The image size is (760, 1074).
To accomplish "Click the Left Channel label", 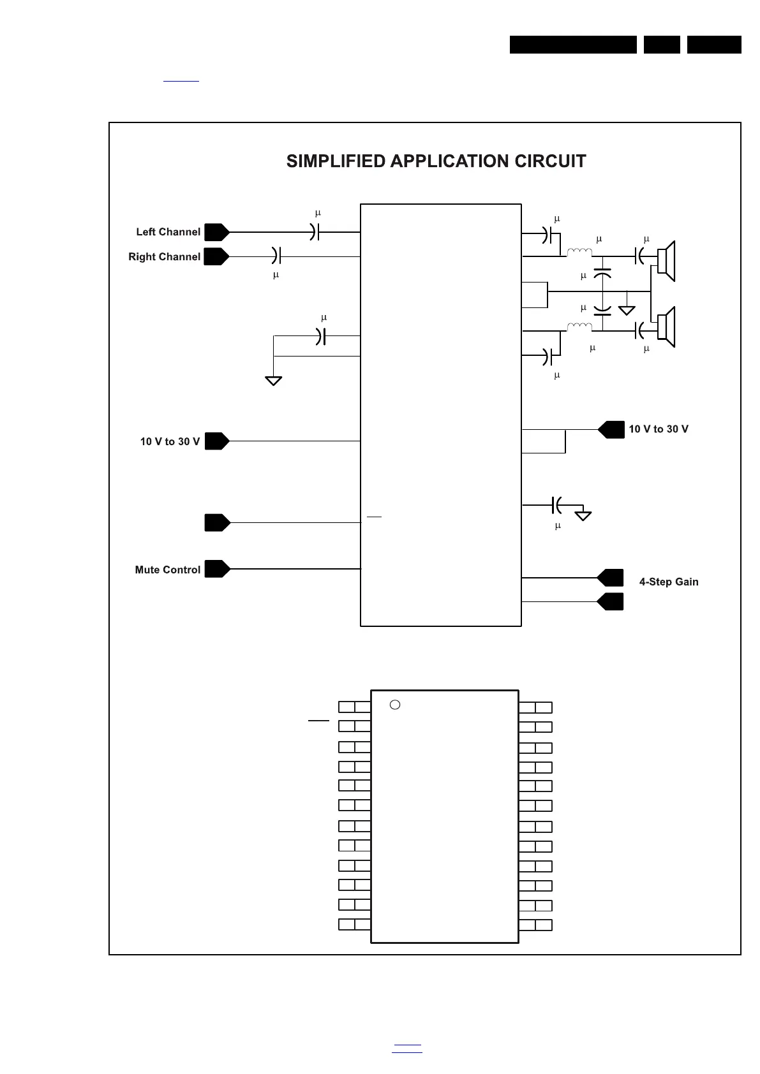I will click(x=168, y=232).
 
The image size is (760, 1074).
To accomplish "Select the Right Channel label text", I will click(x=164, y=257).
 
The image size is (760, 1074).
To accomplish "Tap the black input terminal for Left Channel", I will click(x=216, y=232).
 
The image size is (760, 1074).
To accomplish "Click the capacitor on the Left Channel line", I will click(x=314, y=232).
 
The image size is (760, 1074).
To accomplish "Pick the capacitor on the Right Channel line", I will click(x=276, y=256).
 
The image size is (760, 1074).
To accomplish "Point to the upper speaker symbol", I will click(x=666, y=261).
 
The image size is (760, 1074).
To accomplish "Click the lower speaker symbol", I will click(x=666, y=327).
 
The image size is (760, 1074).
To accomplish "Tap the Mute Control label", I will click(x=167, y=570).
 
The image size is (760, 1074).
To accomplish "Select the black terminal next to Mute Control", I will click(x=216, y=569).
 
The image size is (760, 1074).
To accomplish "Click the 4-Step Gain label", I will click(x=669, y=582).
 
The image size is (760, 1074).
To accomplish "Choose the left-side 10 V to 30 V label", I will click(x=170, y=442).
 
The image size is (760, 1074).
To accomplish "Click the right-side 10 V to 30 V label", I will click(x=659, y=429).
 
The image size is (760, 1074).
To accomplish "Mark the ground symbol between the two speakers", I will click(x=627, y=310).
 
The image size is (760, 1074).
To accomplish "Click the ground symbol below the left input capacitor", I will click(x=273, y=381).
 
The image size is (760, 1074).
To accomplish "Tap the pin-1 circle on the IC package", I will click(x=395, y=705).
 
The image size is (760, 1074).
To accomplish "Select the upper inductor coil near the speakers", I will click(x=579, y=253).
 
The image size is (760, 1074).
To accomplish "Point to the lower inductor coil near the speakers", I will click(x=579, y=327).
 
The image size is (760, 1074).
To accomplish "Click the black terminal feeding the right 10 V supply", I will click(x=611, y=430).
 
